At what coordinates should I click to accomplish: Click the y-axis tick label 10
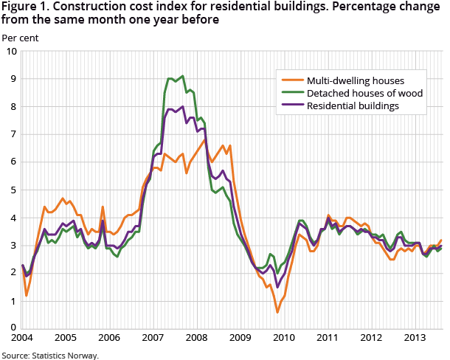pyautogui.click(x=11, y=51)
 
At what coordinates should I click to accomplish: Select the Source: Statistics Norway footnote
pyautogui.click(x=49, y=355)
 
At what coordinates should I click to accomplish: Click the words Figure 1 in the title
pyautogui.click(x=23, y=7)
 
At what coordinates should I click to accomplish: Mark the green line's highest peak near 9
pyautogui.click(x=182, y=75)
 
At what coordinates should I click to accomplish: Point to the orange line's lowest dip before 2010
pyautogui.click(x=277, y=312)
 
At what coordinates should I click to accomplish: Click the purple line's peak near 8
pyautogui.click(x=182, y=106)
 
